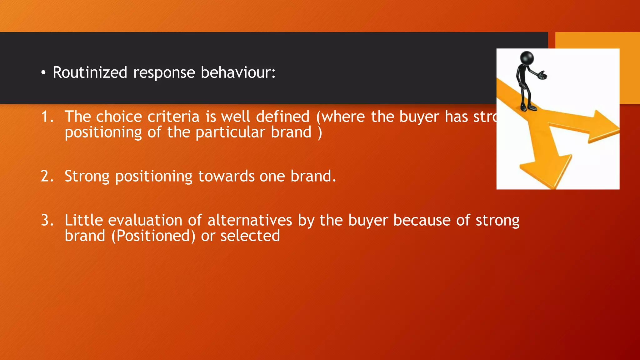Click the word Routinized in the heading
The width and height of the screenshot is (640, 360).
(90, 72)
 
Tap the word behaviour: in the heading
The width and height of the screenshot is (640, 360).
(238, 72)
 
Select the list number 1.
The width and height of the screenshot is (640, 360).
(47, 117)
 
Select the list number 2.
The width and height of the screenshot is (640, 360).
(47, 176)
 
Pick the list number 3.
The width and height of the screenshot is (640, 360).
(47, 220)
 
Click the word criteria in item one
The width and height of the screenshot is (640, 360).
(173, 117)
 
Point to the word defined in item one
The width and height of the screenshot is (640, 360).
(282, 117)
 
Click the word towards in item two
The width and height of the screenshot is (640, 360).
(226, 176)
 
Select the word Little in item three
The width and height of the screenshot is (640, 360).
(84, 220)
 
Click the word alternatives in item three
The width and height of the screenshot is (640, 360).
(250, 220)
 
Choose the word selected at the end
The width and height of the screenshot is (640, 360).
(250, 236)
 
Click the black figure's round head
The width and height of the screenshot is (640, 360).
(527, 58)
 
